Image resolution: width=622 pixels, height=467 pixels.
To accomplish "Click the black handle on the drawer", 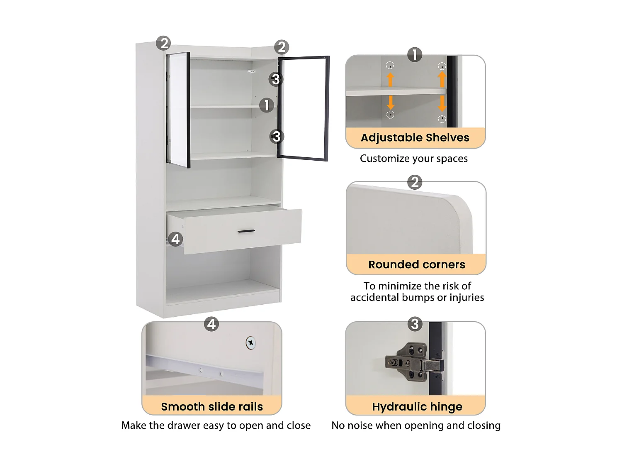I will coord(246,231).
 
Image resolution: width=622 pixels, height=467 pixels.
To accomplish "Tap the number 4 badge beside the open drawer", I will coord(175,239).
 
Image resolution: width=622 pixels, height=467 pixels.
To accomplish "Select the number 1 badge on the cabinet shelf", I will coord(267,105).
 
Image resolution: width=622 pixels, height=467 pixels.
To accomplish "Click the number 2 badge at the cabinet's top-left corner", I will coord(163,43).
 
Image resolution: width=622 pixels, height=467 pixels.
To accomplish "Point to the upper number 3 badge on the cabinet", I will coord(276,79).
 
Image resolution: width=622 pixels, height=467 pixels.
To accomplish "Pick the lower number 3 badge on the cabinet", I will coord(277,136).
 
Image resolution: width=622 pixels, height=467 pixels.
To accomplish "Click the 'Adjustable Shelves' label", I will coord(415,138).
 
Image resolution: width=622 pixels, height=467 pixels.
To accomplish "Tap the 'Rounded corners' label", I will coord(416,264).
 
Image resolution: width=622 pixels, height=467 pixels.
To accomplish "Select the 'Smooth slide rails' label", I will coord(212,406).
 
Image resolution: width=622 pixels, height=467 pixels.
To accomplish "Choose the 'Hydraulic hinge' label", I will coord(417,406).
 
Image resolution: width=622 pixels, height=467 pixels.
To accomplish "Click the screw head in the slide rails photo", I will coord(250,343).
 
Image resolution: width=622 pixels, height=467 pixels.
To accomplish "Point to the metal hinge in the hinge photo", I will coord(413,363).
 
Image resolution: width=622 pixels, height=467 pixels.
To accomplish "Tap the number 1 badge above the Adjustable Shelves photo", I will coord(415,55).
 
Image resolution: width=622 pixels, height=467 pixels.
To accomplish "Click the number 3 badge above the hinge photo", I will coord(415,324).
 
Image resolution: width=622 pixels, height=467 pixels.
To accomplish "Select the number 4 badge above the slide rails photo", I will coord(211,324).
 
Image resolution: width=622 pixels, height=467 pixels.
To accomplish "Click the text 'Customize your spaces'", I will coord(413,159).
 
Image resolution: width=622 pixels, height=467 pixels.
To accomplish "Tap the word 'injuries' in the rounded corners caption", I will coord(466,298).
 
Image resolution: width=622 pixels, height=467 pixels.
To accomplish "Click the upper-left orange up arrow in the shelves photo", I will coord(390,79).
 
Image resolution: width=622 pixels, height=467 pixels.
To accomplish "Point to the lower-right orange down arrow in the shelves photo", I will coord(442,104).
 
